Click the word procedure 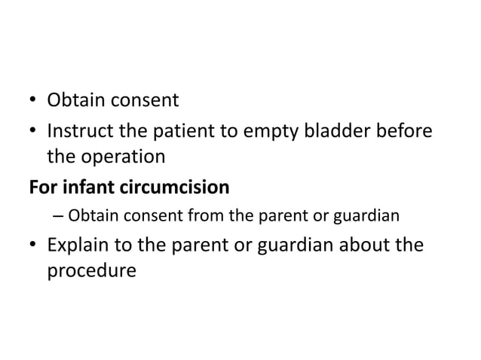click(x=92, y=270)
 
